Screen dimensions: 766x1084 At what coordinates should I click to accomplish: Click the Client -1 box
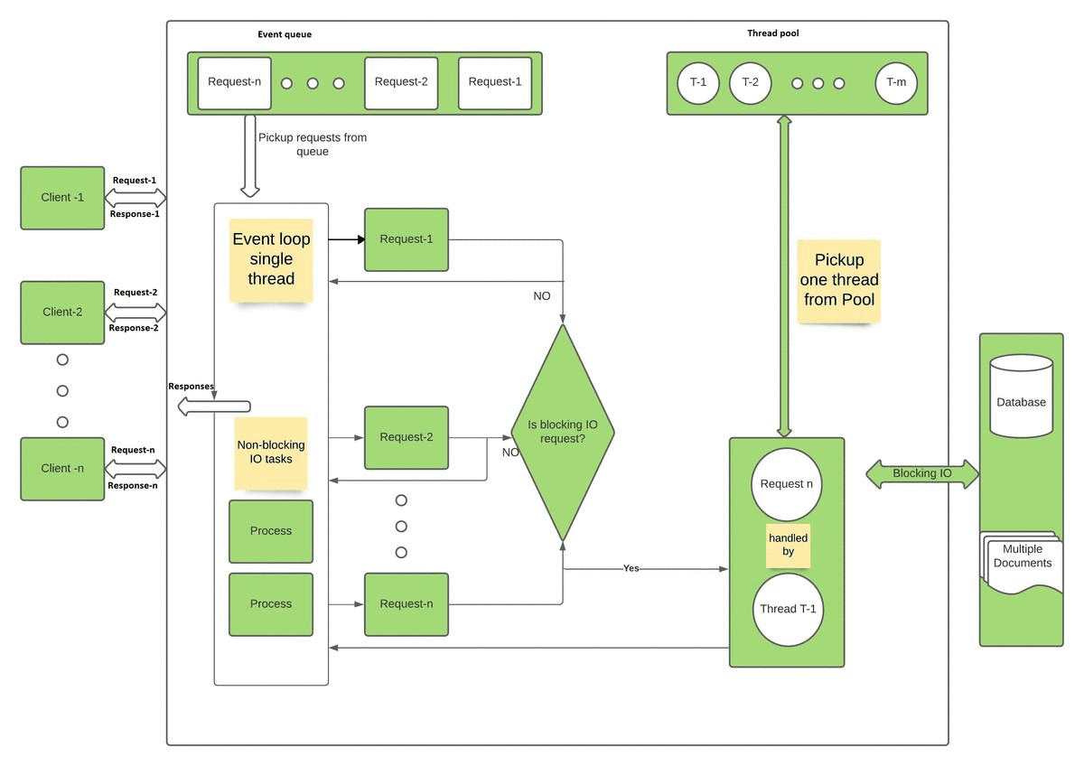(x=62, y=197)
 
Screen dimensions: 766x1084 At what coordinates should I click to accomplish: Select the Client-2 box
(x=62, y=313)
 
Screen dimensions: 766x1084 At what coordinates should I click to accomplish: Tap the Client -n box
(x=62, y=469)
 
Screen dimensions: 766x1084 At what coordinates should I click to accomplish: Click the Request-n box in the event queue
(x=235, y=82)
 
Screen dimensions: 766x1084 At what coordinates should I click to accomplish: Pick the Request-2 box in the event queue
(x=401, y=82)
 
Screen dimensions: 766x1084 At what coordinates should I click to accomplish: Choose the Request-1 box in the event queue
(x=495, y=82)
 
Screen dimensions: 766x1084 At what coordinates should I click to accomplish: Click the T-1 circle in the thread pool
(x=698, y=83)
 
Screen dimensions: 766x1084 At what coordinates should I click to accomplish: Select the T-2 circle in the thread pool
(x=750, y=83)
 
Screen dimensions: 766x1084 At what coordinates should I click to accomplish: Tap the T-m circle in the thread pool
(x=896, y=83)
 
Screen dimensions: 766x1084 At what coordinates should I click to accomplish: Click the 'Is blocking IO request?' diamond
(x=563, y=432)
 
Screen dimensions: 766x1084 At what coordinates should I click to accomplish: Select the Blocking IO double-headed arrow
(x=921, y=473)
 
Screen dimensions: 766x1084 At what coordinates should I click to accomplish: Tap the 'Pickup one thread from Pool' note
(x=839, y=280)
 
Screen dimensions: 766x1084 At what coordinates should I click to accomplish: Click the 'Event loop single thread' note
(x=271, y=259)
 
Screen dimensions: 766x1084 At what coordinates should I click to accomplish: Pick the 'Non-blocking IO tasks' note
(x=271, y=452)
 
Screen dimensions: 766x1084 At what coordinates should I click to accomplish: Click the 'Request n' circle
(x=786, y=484)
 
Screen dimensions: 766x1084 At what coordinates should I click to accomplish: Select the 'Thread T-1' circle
(x=787, y=609)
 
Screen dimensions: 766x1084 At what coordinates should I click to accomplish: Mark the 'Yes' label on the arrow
(x=631, y=569)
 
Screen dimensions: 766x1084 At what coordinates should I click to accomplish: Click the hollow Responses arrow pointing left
(x=213, y=406)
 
